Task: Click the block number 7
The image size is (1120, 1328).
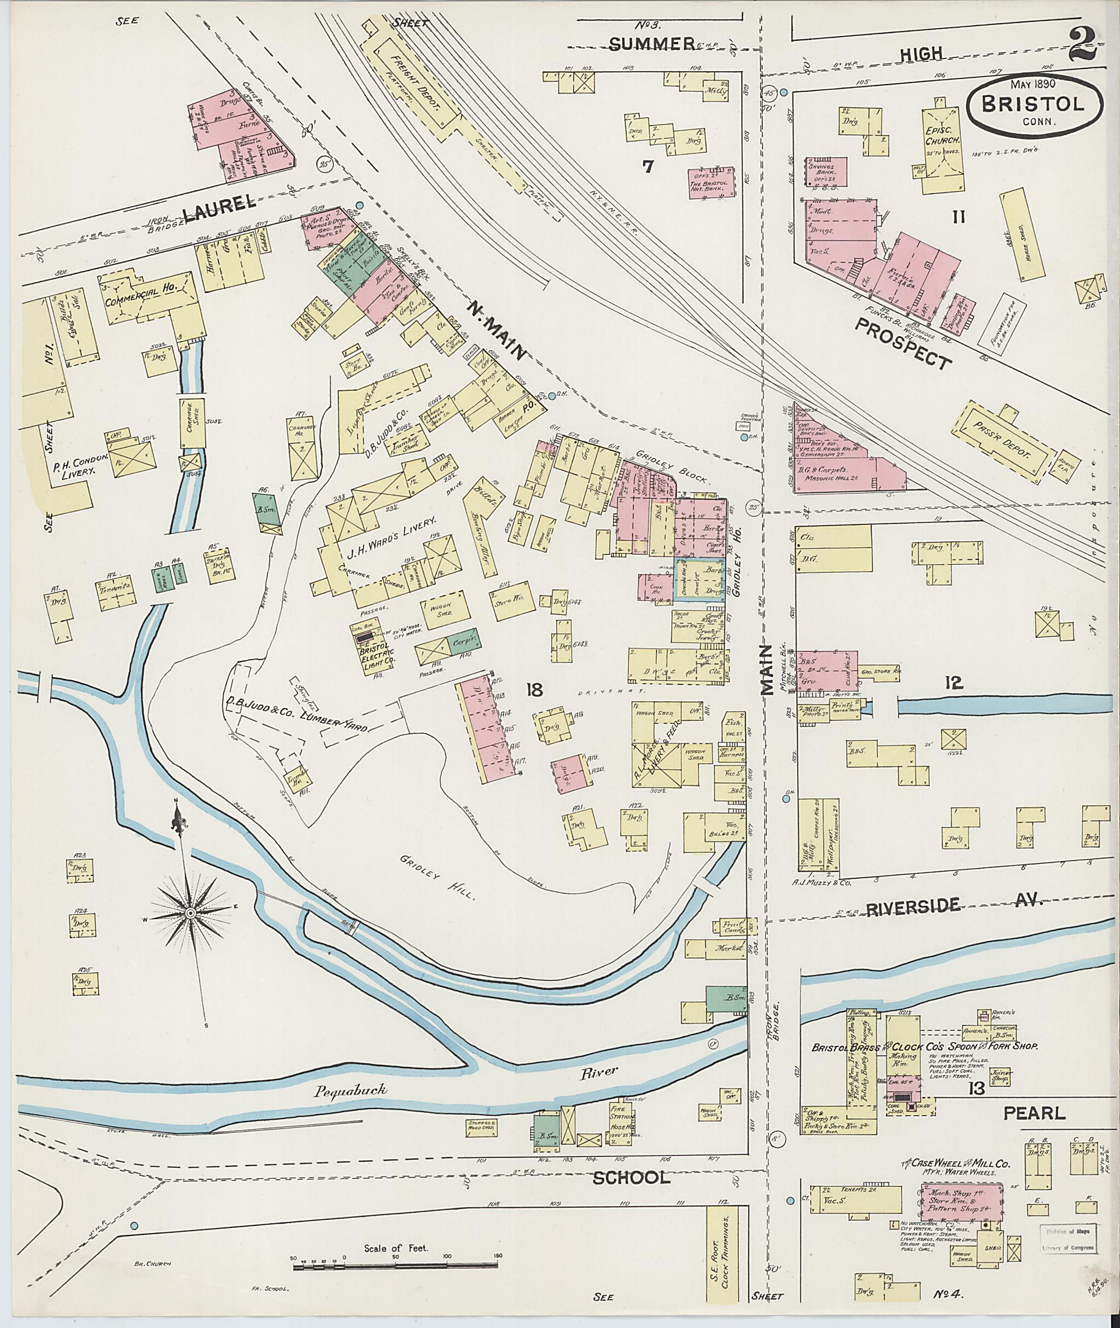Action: pyautogui.click(x=647, y=167)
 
